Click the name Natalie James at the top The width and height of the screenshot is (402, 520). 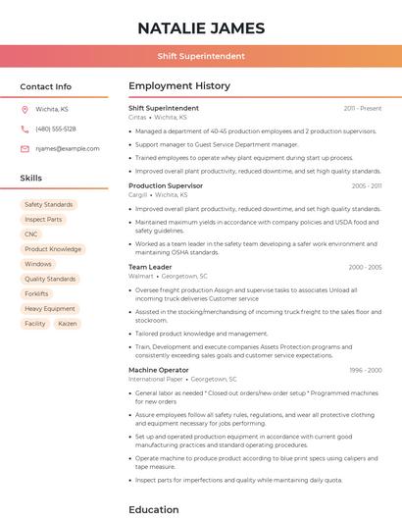201,26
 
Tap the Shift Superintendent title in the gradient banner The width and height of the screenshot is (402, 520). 201,56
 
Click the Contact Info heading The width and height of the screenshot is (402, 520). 46,86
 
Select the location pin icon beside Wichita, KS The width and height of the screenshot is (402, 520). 25,109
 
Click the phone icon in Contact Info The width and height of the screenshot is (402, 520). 25,129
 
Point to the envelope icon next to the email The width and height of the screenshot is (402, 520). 25,149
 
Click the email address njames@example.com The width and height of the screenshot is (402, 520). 68,149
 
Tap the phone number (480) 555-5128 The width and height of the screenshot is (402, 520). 56,129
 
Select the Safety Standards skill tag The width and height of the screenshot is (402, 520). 49,204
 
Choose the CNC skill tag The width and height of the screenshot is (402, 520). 31,234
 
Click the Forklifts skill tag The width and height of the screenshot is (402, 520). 36,293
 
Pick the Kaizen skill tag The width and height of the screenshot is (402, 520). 67,323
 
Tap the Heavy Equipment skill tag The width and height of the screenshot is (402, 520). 49,308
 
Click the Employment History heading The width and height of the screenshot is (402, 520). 179,86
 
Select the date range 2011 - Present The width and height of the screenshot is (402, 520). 363,108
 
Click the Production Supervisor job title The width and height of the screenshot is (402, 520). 166,185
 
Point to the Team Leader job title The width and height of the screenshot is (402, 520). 150,267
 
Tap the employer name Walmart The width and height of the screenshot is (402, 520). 141,277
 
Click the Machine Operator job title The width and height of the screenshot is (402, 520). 159,370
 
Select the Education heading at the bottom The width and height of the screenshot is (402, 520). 154,509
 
